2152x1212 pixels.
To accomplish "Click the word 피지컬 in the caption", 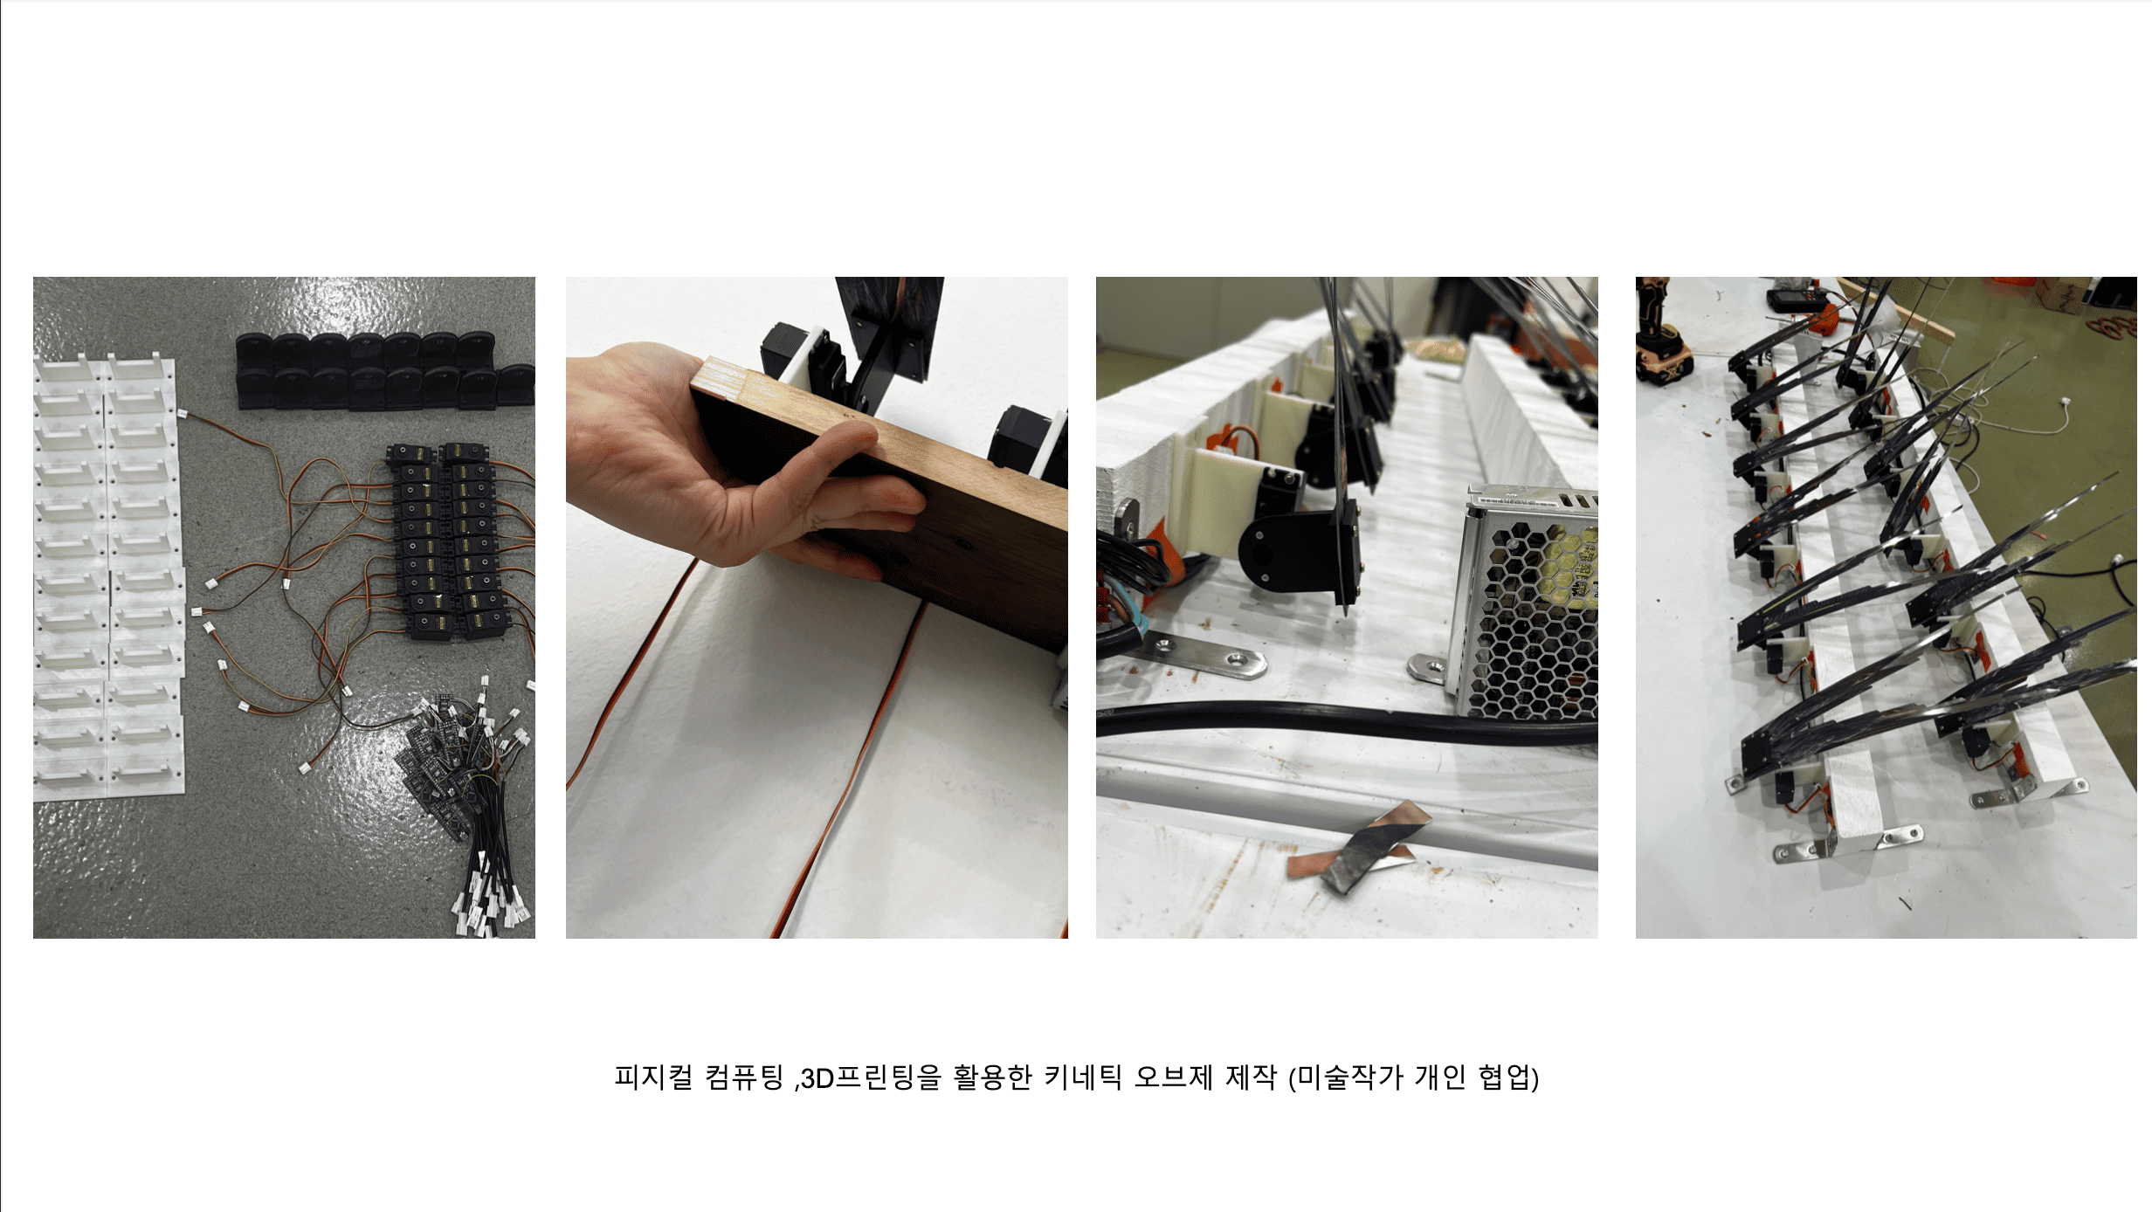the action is point(653,1077).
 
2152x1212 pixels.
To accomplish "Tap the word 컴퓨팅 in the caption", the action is point(744,1077).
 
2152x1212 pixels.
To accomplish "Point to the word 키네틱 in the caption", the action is point(1083,1077).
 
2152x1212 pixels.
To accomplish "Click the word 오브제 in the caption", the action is point(1174,1077).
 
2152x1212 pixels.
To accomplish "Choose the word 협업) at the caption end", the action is point(1508,1078).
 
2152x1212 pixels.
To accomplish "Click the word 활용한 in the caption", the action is point(992,1077).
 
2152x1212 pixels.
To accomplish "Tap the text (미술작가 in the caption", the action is point(1346,1078).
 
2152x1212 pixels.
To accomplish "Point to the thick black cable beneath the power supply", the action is point(1345,723).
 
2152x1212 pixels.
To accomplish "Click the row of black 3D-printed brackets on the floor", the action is point(384,370).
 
